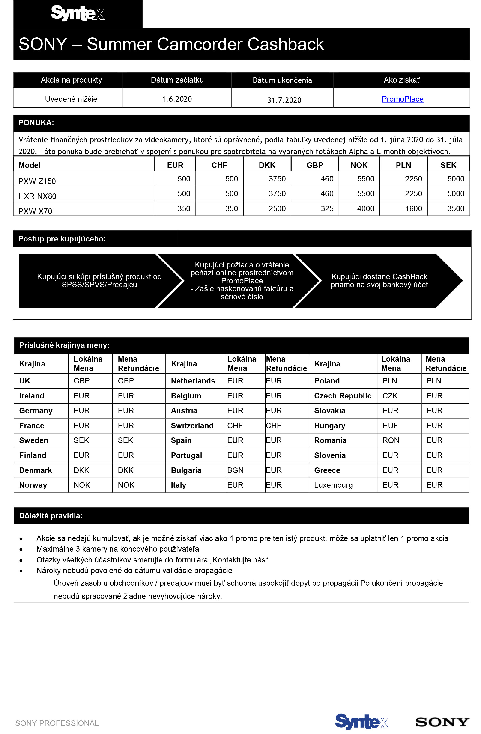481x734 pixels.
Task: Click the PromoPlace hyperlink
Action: coord(402,99)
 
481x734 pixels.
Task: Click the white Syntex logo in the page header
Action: coord(78,13)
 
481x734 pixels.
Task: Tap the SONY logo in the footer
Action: coord(442,722)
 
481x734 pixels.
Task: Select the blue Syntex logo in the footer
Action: coord(361,722)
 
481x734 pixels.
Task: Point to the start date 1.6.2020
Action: coord(177,99)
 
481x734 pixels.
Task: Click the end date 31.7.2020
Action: coord(284,100)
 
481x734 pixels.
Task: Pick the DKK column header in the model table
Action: coord(267,165)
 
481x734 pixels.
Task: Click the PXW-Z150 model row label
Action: coord(37,181)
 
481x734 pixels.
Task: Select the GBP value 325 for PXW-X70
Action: coord(327,208)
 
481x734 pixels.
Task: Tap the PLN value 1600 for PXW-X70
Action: coord(413,208)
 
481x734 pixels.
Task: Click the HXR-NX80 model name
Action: coord(37,196)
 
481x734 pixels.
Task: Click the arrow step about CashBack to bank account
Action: coord(379,281)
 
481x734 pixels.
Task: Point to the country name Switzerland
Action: coord(192,426)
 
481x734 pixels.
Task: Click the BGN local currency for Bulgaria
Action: coord(235,470)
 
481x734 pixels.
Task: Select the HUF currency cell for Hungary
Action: coord(390,426)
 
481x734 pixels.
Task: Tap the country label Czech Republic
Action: coord(343,396)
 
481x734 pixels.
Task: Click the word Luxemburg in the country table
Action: coord(333,485)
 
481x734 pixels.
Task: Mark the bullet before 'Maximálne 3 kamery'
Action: coord(21,550)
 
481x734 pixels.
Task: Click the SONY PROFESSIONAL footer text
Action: coord(57,723)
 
